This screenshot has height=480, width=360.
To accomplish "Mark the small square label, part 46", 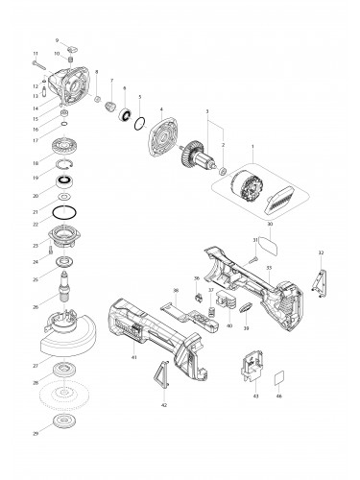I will click(x=279, y=378).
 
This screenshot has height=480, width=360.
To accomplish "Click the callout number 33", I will click(x=269, y=268).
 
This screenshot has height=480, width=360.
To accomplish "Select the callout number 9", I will click(x=57, y=39).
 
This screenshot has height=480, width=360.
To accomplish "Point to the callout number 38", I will click(x=175, y=290).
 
